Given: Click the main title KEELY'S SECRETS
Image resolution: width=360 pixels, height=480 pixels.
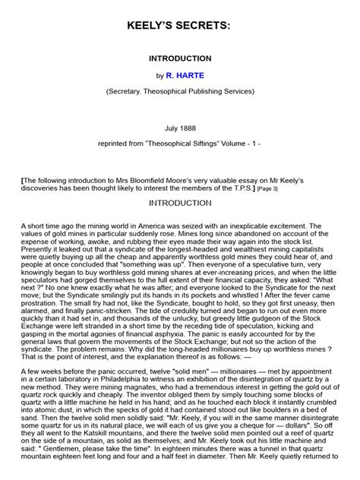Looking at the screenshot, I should pos(180,27).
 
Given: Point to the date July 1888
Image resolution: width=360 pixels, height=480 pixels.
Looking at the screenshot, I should pos(179,129).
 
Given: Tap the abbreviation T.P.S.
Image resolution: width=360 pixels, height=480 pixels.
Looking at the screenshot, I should pos(240,188).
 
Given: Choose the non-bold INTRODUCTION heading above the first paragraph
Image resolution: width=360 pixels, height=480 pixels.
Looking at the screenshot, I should pos(180,203).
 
